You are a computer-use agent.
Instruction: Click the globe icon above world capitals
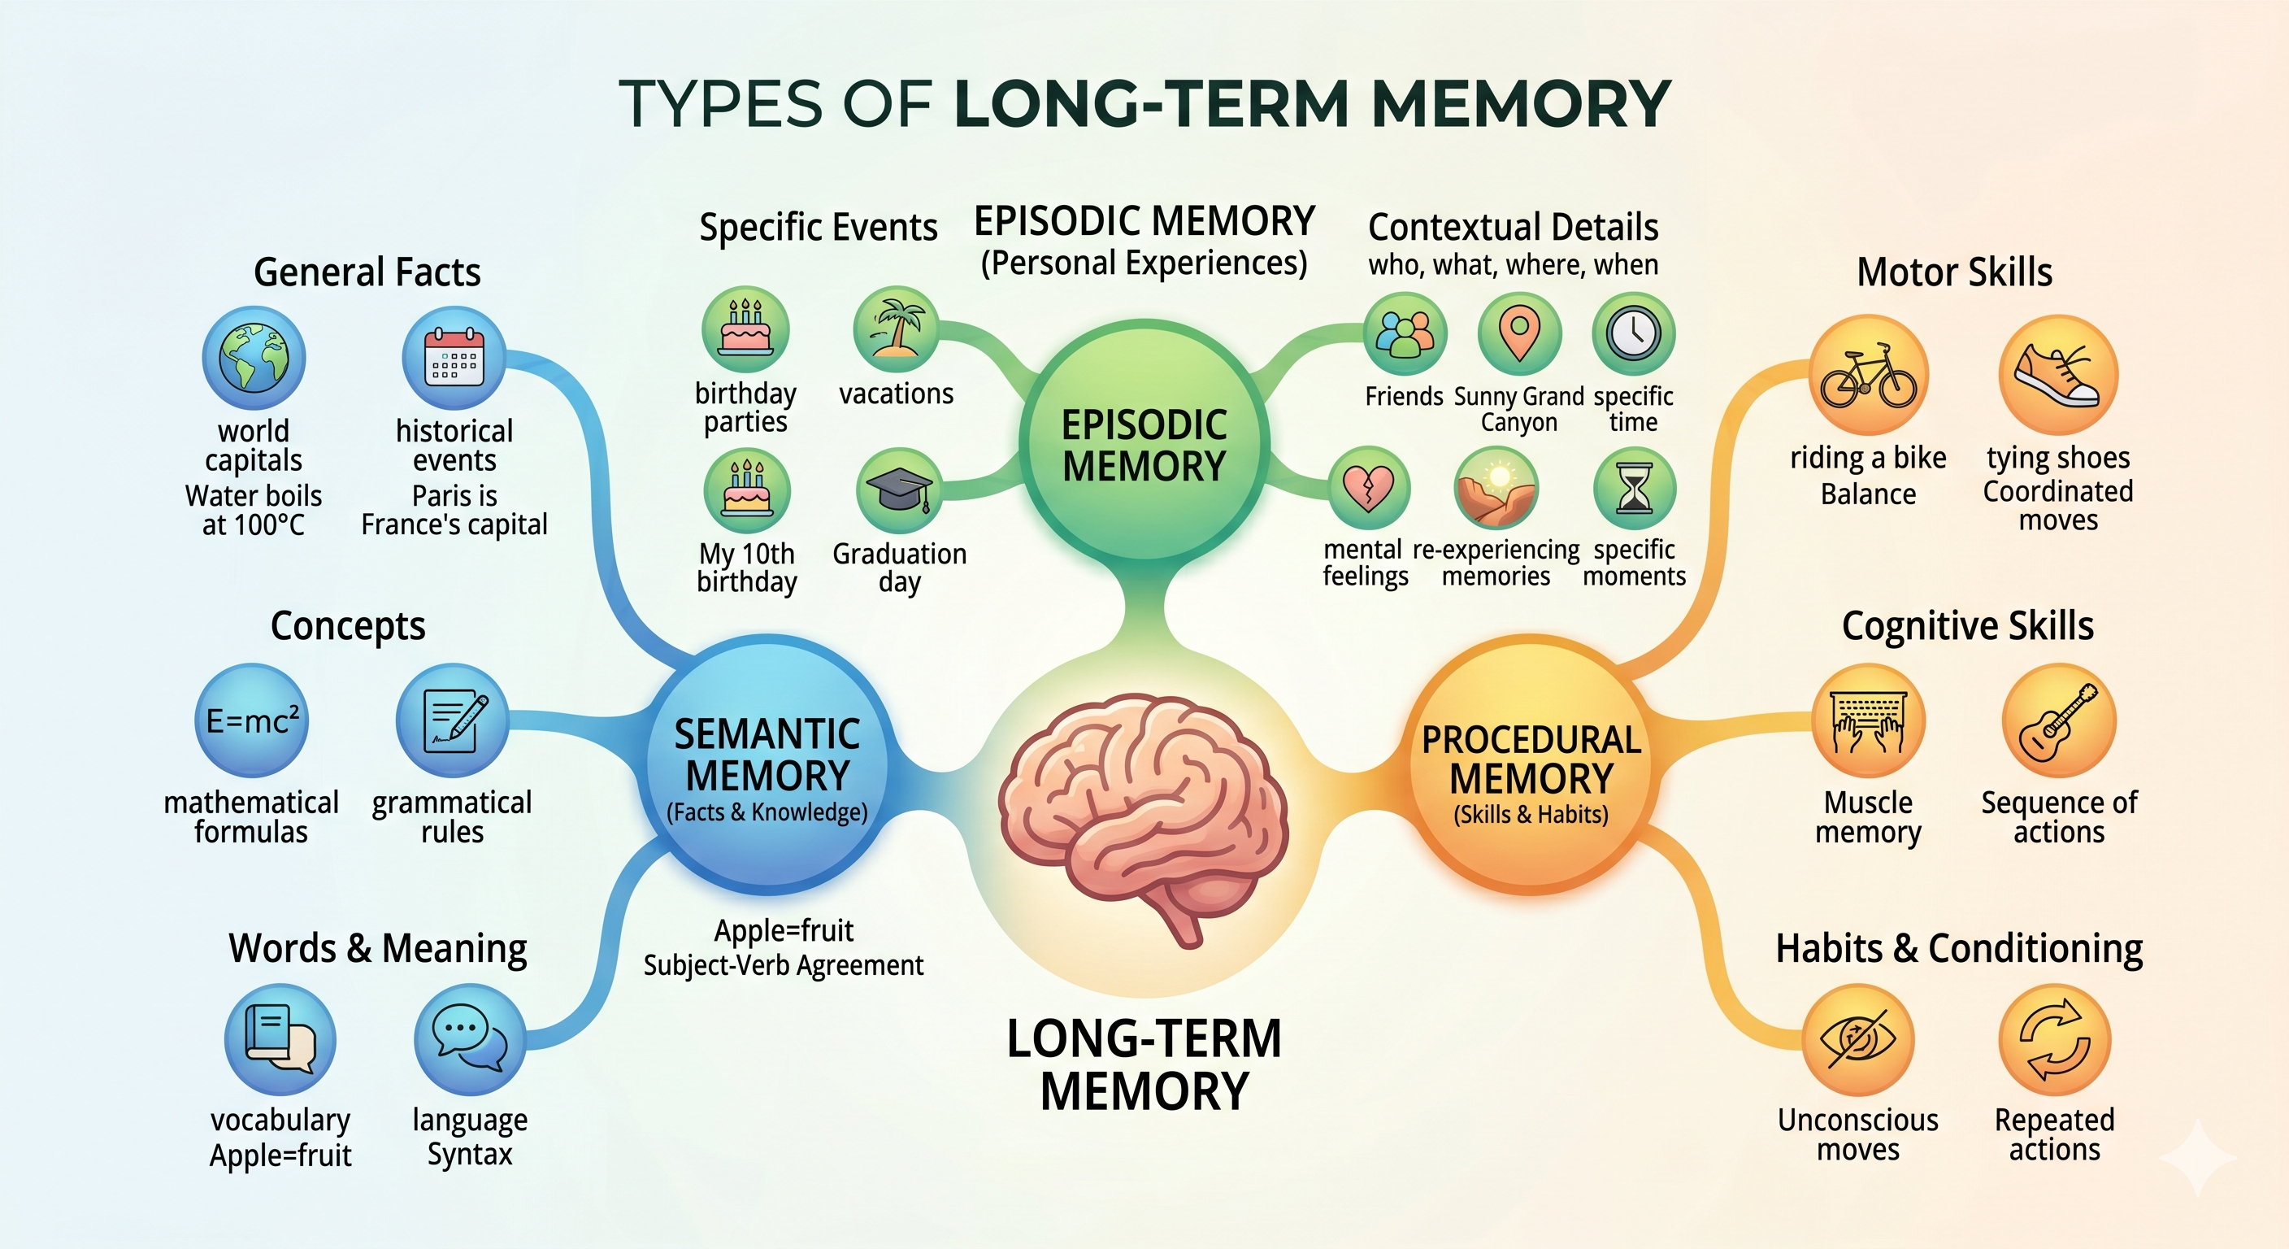pos(254,359)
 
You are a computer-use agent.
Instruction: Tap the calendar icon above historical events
pos(454,359)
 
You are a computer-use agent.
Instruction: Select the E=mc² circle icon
pos(252,720)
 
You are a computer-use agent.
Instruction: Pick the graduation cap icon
pos(898,490)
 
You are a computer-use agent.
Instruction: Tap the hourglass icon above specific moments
pos(1634,488)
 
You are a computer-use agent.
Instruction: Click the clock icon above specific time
pos(1633,334)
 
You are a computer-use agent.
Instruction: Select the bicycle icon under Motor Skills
pos(1869,375)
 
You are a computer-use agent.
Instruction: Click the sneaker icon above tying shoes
pos(2058,375)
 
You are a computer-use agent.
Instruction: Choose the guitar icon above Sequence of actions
pos(2059,721)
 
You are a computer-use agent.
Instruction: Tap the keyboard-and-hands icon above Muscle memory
pos(1869,721)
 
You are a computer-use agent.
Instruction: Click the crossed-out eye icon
pos(1858,1038)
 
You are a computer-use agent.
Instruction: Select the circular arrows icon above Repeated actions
pos(2054,1038)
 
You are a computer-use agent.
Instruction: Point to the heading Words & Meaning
pos(378,947)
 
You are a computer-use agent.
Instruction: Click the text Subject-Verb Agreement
pos(783,965)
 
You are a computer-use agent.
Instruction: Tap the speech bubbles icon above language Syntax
pos(469,1038)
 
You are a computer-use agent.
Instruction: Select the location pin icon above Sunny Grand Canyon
pos(1519,334)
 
